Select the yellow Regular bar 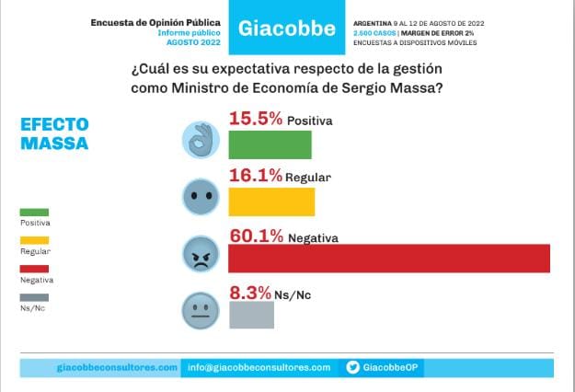pos(270,202)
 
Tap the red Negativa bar pos(388,259)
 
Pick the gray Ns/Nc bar pos(250,315)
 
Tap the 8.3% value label pos(249,292)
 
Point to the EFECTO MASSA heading pos(54,134)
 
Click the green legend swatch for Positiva pos(33,212)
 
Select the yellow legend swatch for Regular pos(33,240)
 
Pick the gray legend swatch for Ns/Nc pos(33,296)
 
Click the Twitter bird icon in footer pos(353,367)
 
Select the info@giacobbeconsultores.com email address pos(258,367)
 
